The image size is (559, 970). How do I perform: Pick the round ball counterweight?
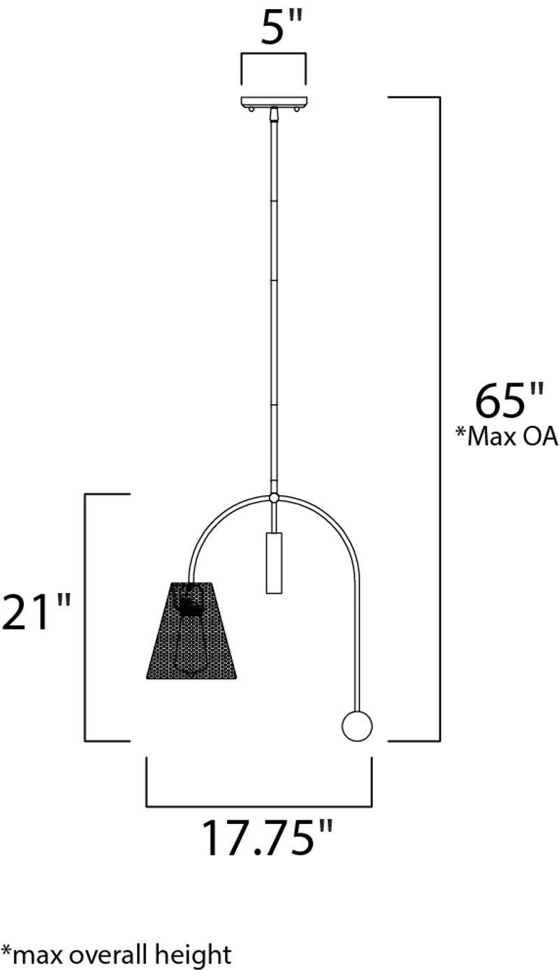click(357, 726)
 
